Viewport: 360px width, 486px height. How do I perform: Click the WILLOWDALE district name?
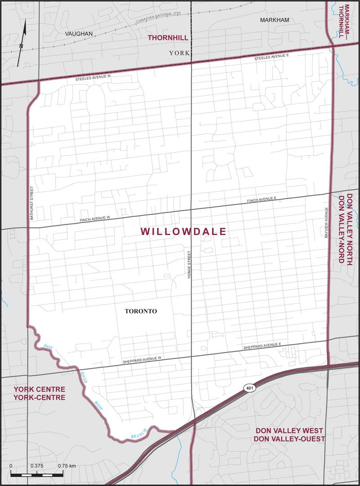point(183,232)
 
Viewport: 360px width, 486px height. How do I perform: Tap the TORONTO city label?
point(140,311)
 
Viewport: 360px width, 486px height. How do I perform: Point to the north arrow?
point(22,43)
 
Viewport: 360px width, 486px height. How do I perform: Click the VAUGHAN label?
point(78,34)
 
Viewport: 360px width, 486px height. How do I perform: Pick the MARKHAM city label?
point(274,20)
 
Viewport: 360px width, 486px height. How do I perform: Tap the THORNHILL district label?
point(168,38)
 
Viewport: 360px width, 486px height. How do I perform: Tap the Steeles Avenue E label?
point(273,58)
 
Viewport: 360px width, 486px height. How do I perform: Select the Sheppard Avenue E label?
point(262,346)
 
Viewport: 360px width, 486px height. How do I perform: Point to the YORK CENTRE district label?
point(39,393)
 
